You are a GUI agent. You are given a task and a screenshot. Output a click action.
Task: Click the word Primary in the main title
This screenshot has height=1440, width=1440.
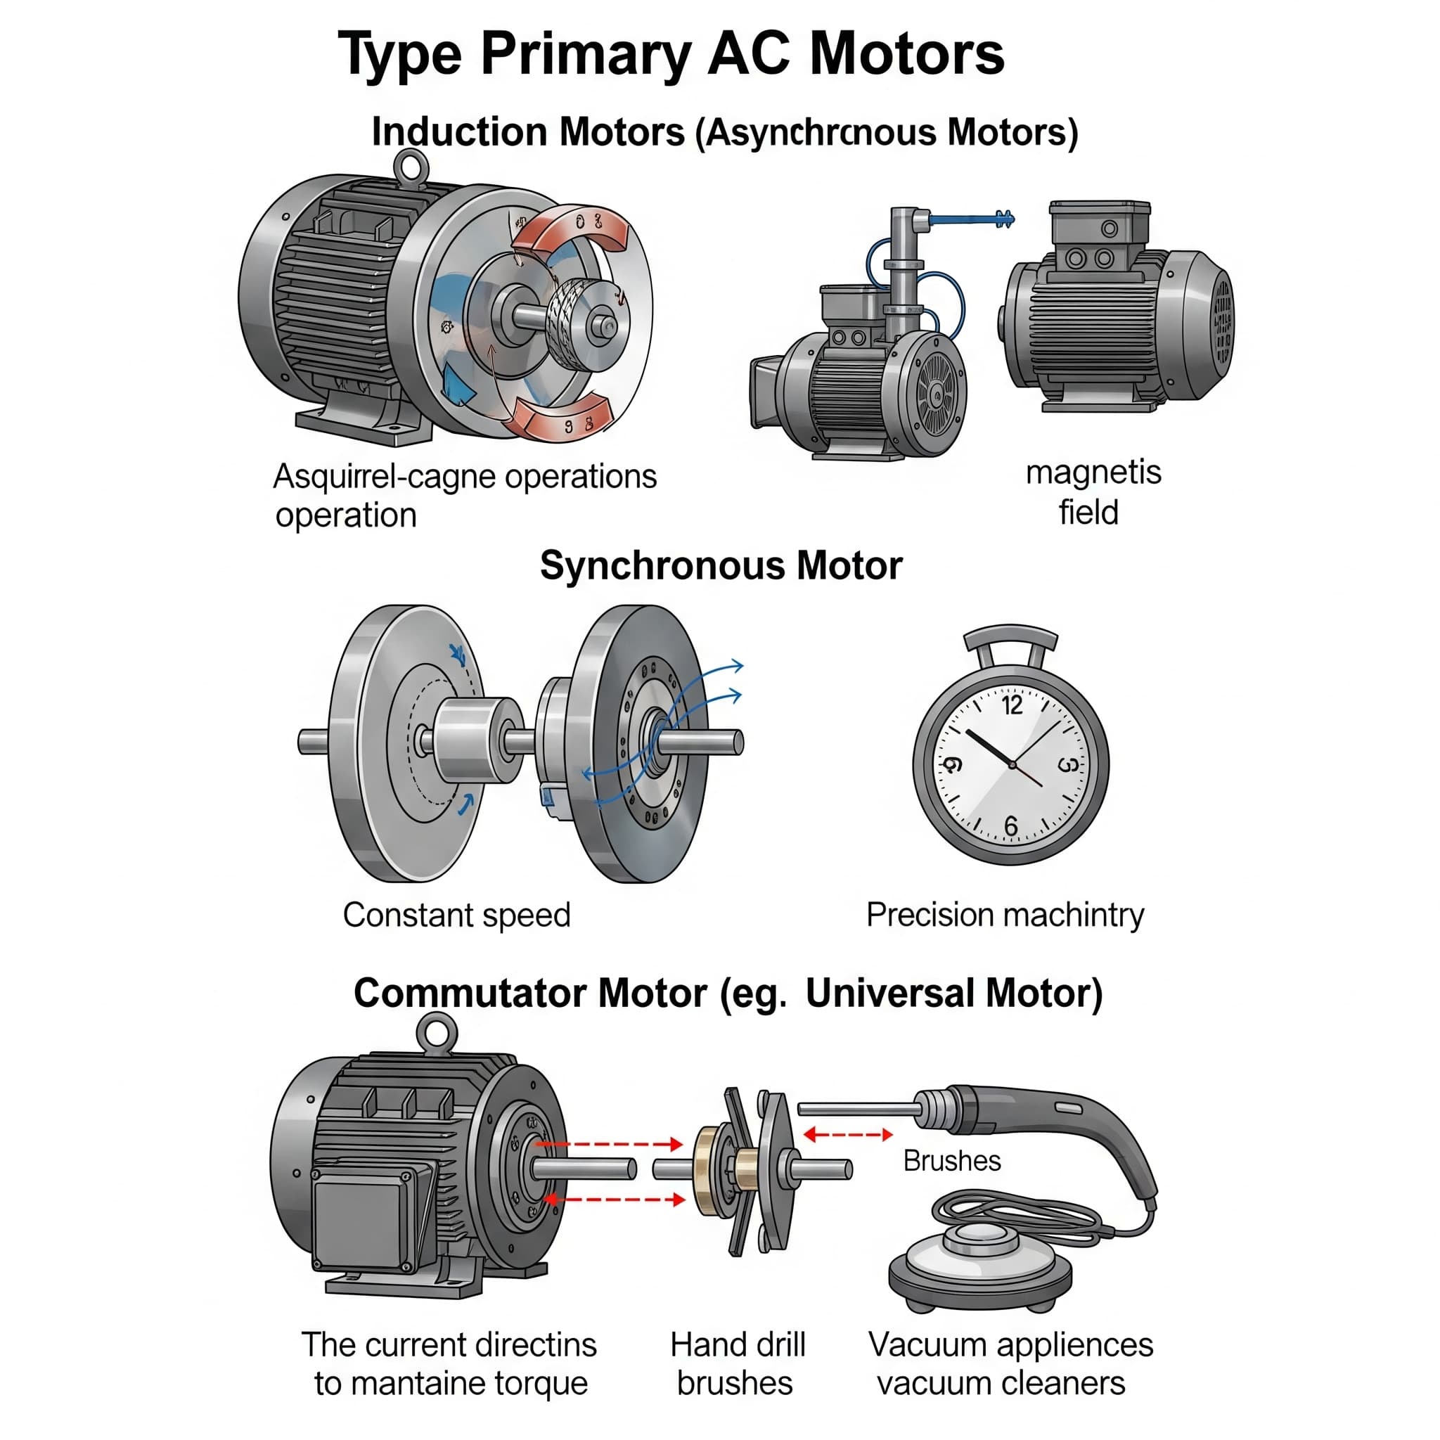(x=585, y=53)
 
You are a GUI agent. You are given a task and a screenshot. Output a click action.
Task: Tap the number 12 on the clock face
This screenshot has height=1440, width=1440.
(x=1011, y=705)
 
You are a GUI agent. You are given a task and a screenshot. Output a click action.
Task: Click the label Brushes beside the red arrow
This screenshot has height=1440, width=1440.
(x=952, y=1160)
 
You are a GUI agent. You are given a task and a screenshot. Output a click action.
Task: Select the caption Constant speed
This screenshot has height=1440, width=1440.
(x=456, y=915)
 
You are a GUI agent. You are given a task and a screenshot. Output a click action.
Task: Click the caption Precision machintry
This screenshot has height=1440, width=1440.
(x=1005, y=915)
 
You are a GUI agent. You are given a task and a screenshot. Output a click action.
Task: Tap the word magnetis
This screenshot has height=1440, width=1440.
(x=1093, y=472)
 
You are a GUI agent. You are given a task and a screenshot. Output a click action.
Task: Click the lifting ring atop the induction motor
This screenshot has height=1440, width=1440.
(x=411, y=166)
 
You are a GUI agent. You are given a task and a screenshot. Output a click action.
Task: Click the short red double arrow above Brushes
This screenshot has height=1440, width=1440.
(x=848, y=1135)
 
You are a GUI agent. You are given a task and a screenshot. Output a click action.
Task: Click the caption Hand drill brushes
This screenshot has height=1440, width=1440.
(x=736, y=1363)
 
